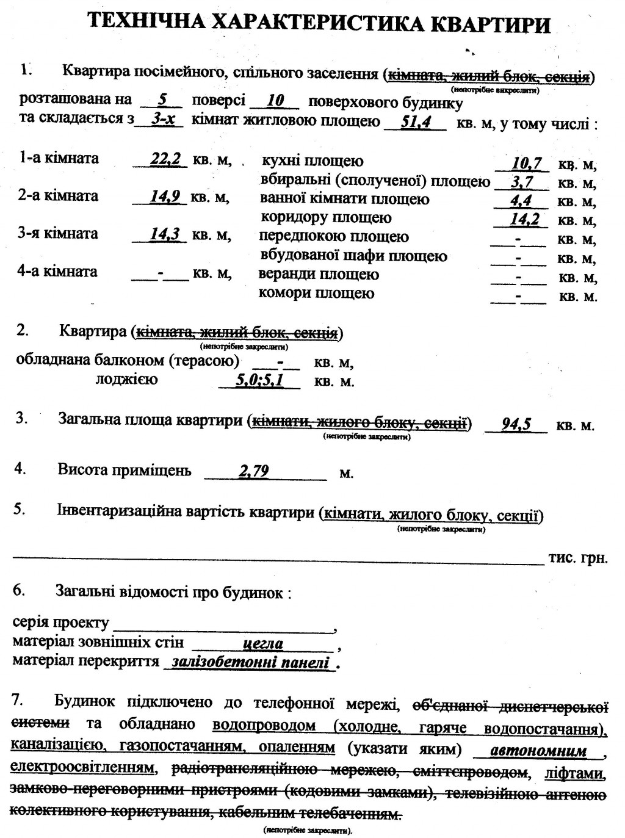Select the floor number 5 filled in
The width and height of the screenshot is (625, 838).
(x=162, y=99)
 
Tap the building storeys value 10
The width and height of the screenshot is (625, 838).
(x=275, y=100)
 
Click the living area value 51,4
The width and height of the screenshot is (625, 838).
(x=416, y=121)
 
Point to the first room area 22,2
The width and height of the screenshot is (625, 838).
(x=165, y=159)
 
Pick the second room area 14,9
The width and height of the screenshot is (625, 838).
(x=165, y=197)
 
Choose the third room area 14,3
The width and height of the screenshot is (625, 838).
(x=165, y=234)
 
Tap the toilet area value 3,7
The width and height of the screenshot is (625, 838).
(x=522, y=182)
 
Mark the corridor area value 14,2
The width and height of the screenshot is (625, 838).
(x=525, y=219)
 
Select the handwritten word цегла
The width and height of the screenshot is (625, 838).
(x=263, y=643)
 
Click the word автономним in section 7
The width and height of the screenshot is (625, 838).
(x=538, y=750)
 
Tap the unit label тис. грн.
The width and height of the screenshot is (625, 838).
(x=578, y=558)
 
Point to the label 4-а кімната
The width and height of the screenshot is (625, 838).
(x=58, y=271)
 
